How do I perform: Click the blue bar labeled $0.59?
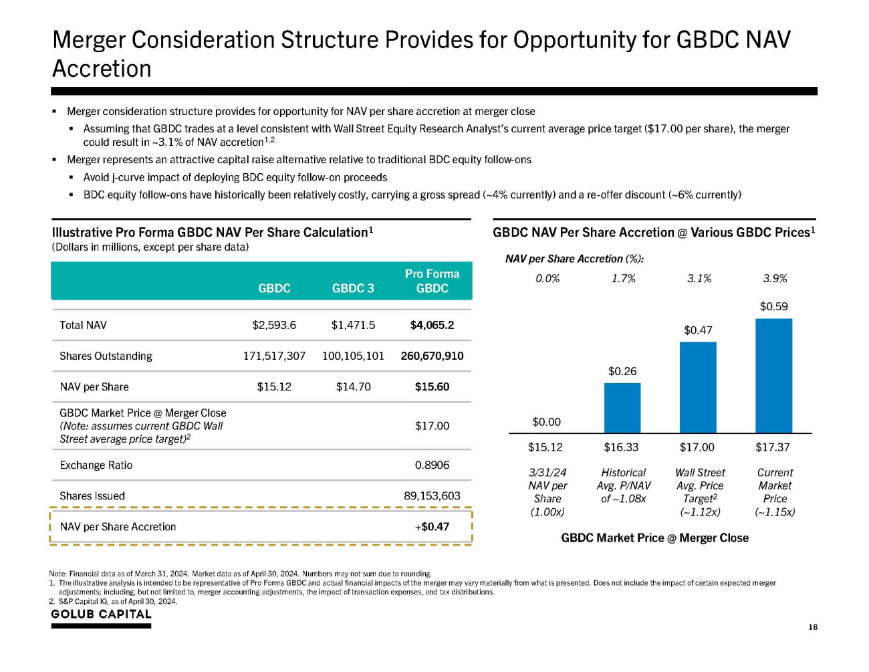[773, 376]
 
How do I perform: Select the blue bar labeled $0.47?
[698, 388]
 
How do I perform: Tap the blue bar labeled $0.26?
[622, 408]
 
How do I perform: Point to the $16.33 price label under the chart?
[621, 447]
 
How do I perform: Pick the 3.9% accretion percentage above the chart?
[775, 279]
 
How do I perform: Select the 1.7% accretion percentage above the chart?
[623, 279]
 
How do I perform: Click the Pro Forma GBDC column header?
[432, 281]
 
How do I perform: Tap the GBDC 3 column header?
[353, 288]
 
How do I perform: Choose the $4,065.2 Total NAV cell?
[432, 325]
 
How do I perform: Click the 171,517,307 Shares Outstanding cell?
[274, 356]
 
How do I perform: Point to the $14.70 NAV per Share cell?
[353, 386]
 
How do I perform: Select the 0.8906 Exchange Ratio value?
[432, 465]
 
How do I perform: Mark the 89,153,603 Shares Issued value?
[432, 495]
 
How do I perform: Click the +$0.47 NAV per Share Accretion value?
[432, 527]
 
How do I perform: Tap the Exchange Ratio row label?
[96, 465]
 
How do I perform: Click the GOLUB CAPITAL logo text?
[101, 614]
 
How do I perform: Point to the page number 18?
[813, 627]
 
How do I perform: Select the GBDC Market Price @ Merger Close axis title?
[654, 538]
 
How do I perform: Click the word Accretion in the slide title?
[102, 69]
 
